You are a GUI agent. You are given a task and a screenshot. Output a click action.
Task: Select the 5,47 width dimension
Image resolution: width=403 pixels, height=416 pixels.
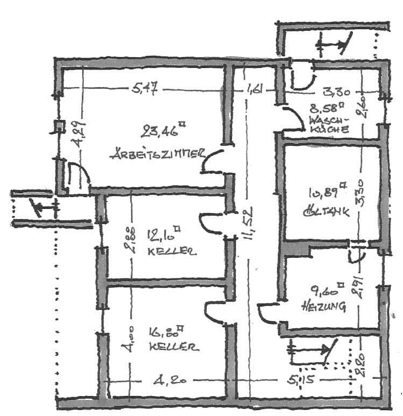[144, 89]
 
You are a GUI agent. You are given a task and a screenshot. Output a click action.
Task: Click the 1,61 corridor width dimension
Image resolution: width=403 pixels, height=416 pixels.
[254, 90]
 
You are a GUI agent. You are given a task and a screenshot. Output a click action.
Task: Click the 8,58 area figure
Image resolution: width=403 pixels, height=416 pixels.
[326, 108]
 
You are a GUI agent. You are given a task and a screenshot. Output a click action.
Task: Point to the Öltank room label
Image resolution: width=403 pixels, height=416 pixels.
[326, 211]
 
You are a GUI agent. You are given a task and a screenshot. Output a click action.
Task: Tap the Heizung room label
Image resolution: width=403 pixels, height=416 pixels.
[323, 307]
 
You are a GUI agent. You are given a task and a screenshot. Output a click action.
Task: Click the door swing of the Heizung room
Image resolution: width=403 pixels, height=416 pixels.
[266, 314]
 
